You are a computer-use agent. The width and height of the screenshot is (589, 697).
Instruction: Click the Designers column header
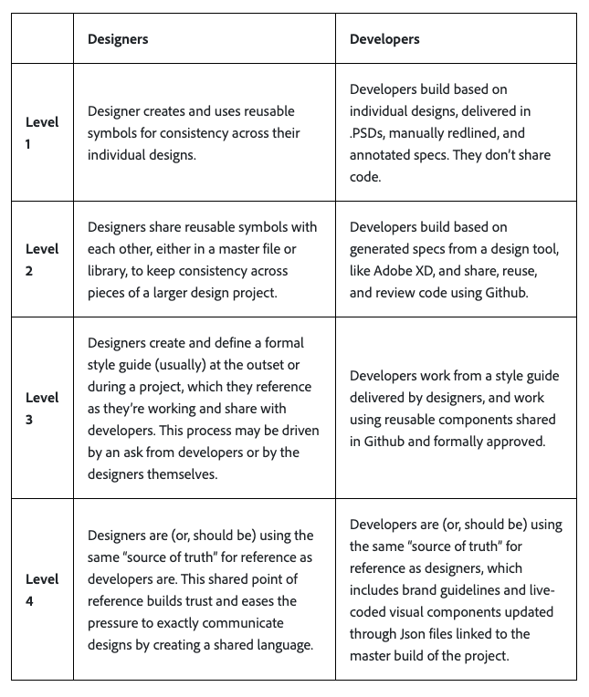(118, 39)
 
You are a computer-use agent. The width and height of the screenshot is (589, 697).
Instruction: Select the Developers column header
(384, 39)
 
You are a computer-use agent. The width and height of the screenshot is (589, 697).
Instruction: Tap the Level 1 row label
(42, 133)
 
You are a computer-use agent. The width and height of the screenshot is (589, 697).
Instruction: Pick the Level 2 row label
(42, 260)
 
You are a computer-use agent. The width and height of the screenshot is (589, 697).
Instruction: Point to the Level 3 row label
(42, 409)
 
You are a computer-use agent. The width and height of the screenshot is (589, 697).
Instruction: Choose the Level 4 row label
(42, 589)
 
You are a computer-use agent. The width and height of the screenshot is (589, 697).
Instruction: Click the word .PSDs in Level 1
(369, 133)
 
